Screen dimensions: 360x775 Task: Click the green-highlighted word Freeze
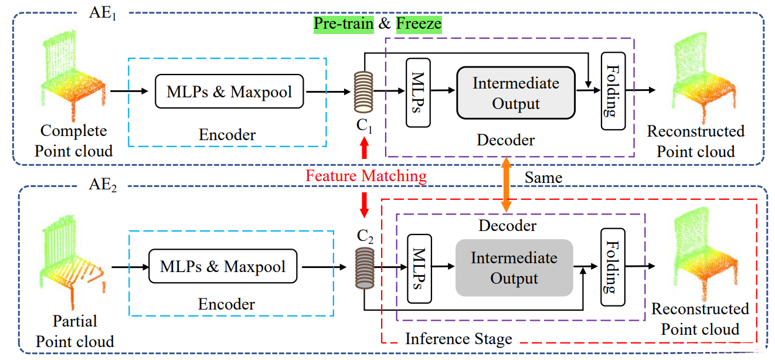pyautogui.click(x=419, y=24)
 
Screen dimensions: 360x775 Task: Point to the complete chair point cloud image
pyautogui.click(x=72, y=69)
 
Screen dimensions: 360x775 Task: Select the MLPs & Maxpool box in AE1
pyautogui.click(x=229, y=91)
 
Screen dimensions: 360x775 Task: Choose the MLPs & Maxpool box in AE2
pyautogui.click(x=223, y=266)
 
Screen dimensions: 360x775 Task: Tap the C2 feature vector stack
pyautogui.click(x=364, y=266)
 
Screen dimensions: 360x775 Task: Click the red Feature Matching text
pyautogui.click(x=366, y=176)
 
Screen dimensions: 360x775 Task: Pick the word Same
pyautogui.click(x=543, y=176)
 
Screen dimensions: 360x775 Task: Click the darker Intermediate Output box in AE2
pyautogui.click(x=514, y=267)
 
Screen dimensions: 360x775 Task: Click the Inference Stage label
pyautogui.click(x=458, y=338)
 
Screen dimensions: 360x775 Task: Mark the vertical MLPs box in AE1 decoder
pyautogui.click(x=418, y=92)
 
